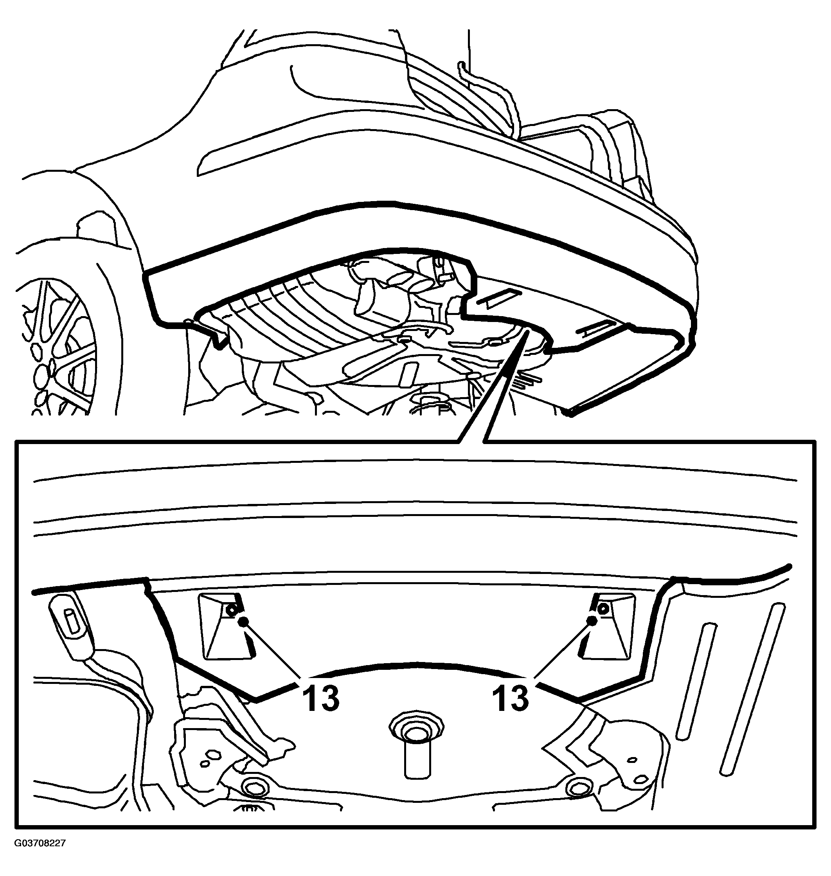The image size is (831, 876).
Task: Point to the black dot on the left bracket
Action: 243,622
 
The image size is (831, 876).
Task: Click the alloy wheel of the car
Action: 58,345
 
